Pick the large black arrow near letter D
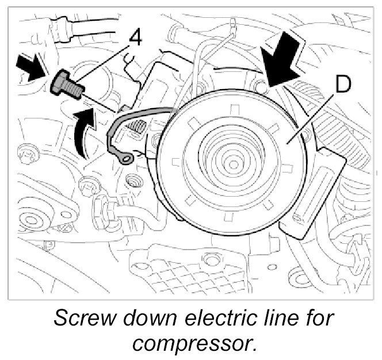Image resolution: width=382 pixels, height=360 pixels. click(x=282, y=60)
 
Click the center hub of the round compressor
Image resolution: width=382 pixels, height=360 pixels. click(x=233, y=165)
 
